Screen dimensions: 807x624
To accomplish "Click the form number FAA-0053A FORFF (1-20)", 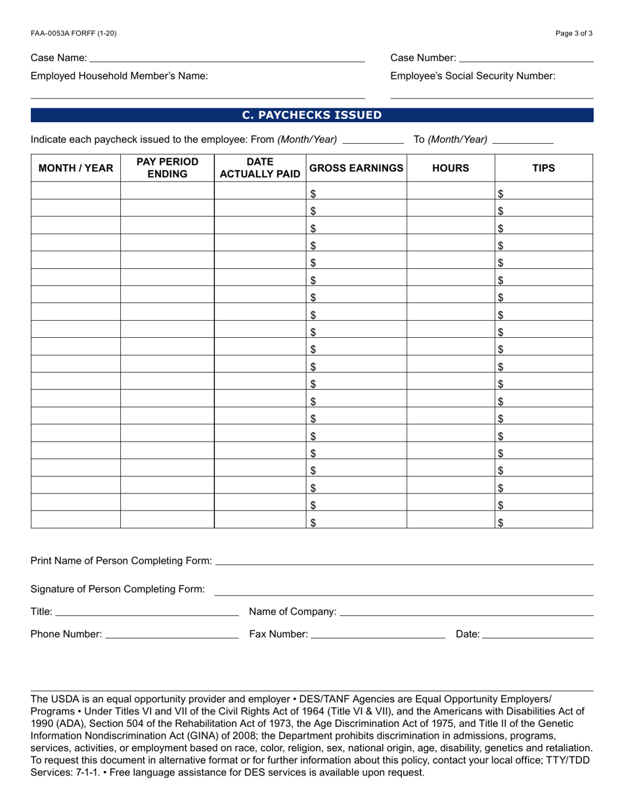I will (74, 33).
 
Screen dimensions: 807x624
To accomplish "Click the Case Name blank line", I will (227, 58).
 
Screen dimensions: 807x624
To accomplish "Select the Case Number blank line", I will (525, 58).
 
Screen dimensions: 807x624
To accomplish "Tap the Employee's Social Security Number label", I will (472, 76).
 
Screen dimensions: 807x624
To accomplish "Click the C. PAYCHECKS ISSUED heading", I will (312, 115).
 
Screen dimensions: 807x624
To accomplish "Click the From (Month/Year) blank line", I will (373, 140).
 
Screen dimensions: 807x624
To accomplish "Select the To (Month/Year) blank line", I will (523, 140).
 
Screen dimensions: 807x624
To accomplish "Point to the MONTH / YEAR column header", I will (76, 168).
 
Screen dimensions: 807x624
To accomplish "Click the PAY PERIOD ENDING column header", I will (167, 168).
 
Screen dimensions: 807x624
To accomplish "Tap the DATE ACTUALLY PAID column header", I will (259, 168).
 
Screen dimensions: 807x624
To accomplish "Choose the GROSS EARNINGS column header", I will (356, 168).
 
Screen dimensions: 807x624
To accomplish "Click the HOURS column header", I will (451, 168).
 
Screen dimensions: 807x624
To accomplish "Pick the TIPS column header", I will (543, 168).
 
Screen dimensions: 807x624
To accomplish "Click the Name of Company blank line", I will (466, 613).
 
